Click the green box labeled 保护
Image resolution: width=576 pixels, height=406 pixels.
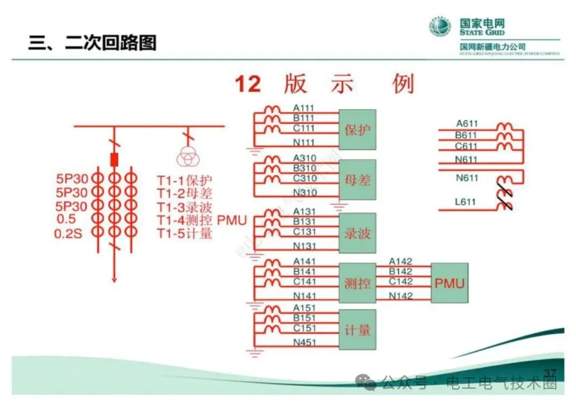358,129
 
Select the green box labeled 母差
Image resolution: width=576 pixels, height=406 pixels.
358,179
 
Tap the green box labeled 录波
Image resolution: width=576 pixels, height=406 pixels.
358,233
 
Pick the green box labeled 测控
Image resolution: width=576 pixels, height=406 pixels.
358,283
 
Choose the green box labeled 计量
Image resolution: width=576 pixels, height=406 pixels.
358,330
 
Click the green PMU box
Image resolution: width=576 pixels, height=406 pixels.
450,283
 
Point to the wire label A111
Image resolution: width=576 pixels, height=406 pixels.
304,108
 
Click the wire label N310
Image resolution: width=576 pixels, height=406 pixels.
305,192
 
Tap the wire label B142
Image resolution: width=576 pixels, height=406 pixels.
401,271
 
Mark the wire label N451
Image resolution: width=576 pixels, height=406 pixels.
305,342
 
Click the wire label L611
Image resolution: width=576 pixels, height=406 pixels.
466,202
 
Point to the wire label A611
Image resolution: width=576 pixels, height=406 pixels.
467,124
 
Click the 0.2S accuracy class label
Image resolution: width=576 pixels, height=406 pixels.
68,233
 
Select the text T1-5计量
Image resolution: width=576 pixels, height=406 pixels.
185,233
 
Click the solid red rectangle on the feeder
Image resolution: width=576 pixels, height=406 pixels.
114,159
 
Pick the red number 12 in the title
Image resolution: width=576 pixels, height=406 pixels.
249,84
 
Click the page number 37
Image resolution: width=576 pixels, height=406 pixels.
549,372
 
